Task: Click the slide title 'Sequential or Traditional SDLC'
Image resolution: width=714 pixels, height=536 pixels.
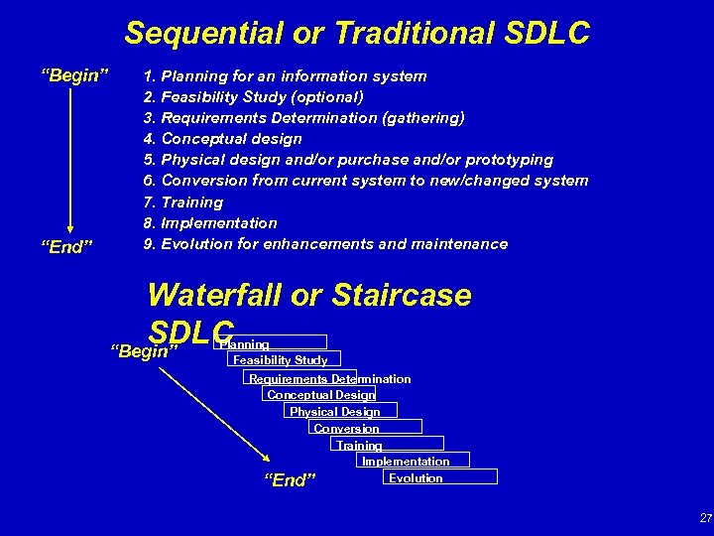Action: tap(357, 34)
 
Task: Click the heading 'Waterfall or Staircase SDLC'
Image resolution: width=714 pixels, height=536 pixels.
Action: tap(308, 296)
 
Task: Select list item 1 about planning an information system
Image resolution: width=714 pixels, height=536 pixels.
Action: tap(286, 76)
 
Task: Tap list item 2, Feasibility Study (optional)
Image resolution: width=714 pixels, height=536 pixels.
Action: tap(253, 97)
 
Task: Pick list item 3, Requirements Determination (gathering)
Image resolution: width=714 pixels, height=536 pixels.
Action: tap(303, 118)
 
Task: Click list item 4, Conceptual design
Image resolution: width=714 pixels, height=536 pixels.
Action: tap(225, 139)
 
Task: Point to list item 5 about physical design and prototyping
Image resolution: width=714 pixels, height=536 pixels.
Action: tap(348, 160)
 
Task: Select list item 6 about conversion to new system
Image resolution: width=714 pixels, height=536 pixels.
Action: tap(366, 181)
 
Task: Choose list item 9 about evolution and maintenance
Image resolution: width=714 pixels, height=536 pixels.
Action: tap(325, 244)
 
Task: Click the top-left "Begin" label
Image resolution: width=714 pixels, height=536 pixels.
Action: tap(73, 76)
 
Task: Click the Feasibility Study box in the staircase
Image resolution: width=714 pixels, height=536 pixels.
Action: tap(283, 360)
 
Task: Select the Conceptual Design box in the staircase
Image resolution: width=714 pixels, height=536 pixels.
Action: tap(319, 394)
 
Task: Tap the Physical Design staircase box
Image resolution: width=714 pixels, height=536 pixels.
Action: tap(334, 411)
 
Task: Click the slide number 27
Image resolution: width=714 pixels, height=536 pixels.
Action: tap(705, 517)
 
